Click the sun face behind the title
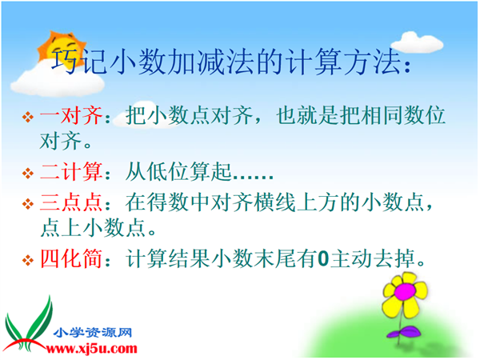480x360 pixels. point(62,50)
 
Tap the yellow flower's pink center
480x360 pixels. point(404,291)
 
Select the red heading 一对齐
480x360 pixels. point(71,116)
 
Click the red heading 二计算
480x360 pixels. point(71,171)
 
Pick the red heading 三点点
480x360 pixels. point(71,202)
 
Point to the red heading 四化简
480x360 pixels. point(71,258)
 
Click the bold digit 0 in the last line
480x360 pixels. point(323,259)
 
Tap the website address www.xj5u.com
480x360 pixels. point(91,348)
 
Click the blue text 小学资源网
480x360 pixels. point(93,333)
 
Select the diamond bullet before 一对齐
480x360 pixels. point(28,117)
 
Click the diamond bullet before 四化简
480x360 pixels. point(28,260)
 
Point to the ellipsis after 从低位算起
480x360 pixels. point(253,177)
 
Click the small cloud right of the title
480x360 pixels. point(417,42)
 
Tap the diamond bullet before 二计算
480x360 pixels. point(28,173)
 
